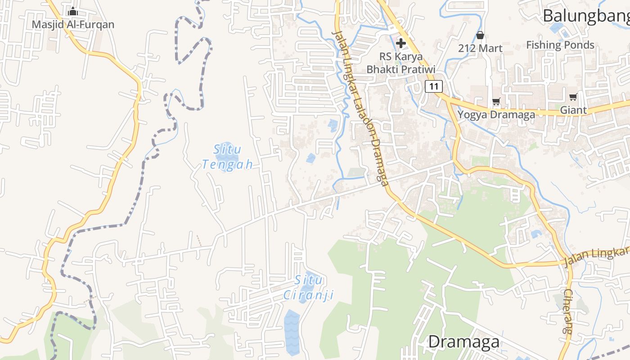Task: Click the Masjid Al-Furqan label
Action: click(x=73, y=24)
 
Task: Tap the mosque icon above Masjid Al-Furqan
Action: click(x=73, y=11)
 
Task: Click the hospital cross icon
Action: click(x=400, y=43)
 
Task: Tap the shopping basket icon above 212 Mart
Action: click(x=480, y=35)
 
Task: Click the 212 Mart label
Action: click(x=480, y=48)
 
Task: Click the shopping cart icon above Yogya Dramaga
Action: click(x=496, y=102)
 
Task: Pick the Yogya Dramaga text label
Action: click(x=496, y=114)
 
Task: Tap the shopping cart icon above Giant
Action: click(x=573, y=97)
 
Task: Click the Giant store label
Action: click(x=573, y=110)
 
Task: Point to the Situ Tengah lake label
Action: click(x=227, y=157)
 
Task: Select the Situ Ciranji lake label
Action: click(x=309, y=288)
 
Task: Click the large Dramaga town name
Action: click(x=463, y=342)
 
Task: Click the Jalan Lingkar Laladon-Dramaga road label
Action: click(x=360, y=108)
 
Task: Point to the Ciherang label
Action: click(x=568, y=310)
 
